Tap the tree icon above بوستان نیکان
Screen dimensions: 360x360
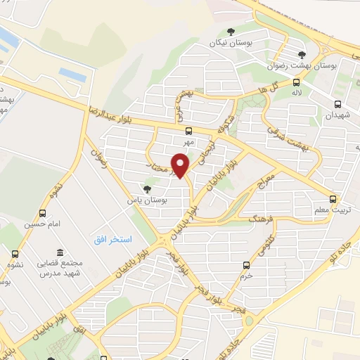pos(231,30)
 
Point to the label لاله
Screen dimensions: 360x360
pos(297,93)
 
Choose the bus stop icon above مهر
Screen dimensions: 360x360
pos(188,130)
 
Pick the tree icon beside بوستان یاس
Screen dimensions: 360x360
pos(147,188)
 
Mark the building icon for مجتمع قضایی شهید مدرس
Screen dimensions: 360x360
pos(61,252)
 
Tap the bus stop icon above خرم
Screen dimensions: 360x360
pos(246,265)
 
